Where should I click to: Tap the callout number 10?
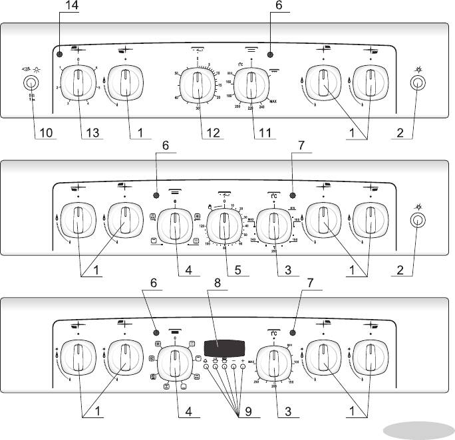point(45,133)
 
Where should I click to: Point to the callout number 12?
point(212,133)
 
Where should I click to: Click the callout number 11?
point(264,133)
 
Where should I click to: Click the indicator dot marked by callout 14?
point(59,55)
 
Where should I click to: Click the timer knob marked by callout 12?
point(198,84)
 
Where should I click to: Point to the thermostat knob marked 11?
point(251,84)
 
